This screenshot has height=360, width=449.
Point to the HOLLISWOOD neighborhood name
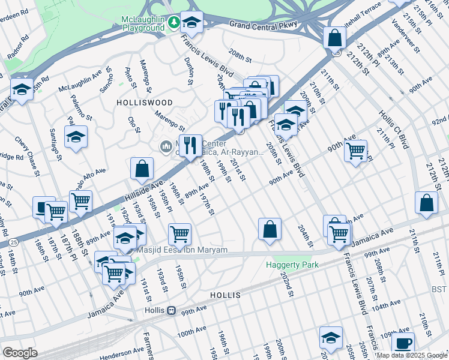pos(145,103)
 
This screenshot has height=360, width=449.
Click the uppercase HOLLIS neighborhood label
pos(225,296)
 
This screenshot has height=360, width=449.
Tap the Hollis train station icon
pos(171,311)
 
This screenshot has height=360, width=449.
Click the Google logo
pos(20,353)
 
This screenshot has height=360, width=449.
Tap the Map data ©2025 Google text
pos(411,355)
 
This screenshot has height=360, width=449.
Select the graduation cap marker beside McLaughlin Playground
pos(191,23)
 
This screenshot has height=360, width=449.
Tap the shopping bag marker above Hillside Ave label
pos(142,169)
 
